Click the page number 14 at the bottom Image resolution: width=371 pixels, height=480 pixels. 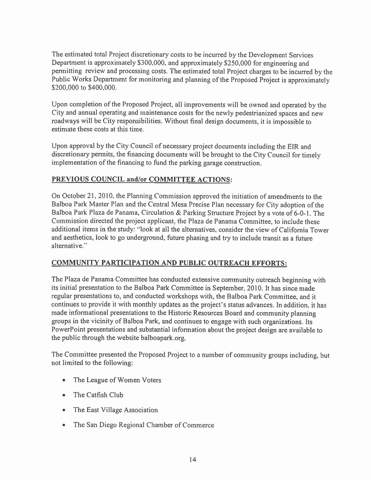pos(193,459)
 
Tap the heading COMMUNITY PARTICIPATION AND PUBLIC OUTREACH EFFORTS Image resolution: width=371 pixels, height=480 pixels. pos(169,263)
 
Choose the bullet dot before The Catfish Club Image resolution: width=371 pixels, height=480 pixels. pos(64,395)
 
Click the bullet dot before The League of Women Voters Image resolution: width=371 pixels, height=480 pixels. pos(64,380)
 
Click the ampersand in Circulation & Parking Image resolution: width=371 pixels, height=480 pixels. pos(178,213)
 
